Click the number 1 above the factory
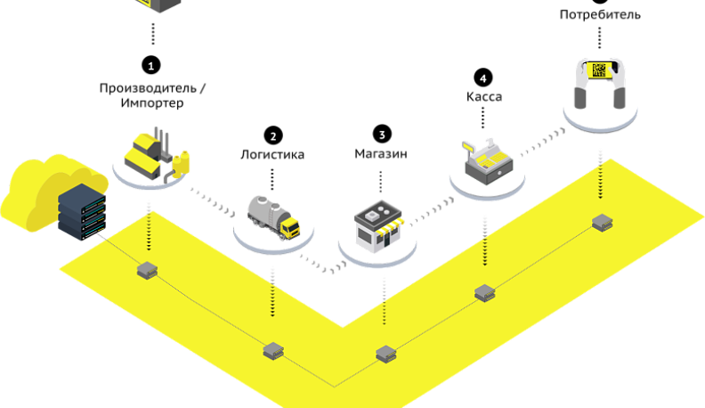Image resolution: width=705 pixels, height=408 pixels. tap(151, 66)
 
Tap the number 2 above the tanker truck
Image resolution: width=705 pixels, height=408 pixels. tap(273, 136)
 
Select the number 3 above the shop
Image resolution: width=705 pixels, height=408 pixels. tap(382, 135)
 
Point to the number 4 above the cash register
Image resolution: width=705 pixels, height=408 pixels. tap(483, 78)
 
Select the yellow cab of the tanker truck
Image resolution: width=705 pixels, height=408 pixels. tap(290, 228)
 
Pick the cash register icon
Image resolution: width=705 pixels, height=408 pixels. tap(485, 160)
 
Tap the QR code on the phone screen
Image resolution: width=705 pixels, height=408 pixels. tap(600, 69)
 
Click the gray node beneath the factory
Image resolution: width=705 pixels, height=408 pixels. tap(147, 268)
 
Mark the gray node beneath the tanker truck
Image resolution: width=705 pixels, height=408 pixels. tap(273, 350)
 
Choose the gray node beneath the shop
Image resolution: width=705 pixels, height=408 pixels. tap(385, 354)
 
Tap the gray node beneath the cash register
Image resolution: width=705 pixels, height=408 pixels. tap(484, 292)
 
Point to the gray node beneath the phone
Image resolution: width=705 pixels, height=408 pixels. tap(603, 222)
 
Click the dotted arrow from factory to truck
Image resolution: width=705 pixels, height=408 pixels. tap(212, 201)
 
